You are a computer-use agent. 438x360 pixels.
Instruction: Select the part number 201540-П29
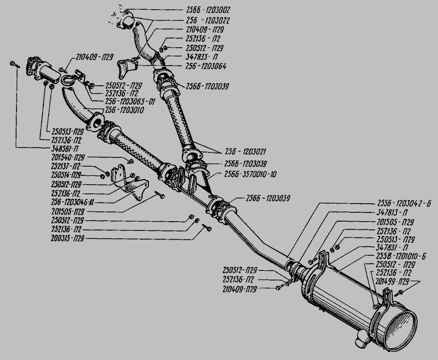[x=68, y=157]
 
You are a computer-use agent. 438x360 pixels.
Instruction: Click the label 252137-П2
[x=67, y=166]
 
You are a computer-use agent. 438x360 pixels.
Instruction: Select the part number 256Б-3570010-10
[x=251, y=173]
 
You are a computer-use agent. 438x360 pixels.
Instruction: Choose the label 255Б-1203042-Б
[x=405, y=204]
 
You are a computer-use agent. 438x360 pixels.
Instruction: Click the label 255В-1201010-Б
[x=401, y=257]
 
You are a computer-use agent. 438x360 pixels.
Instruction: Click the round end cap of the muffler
[x=401, y=329]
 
